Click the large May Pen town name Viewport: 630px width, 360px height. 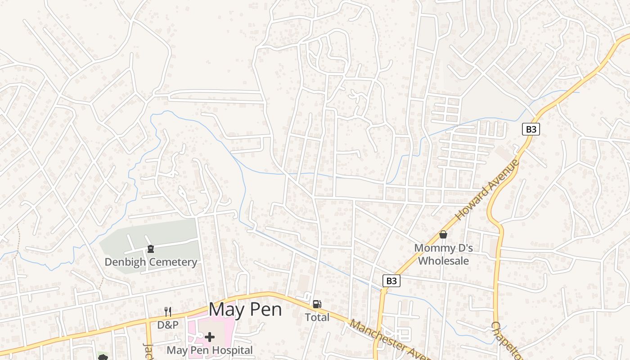coord(245,310)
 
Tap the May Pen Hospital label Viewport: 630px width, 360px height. coord(209,350)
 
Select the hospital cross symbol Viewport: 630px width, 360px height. coord(210,337)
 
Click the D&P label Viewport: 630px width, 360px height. coord(167,324)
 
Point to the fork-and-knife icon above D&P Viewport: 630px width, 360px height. coord(168,311)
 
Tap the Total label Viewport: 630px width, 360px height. coord(317,317)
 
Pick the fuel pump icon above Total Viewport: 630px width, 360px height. coord(317,304)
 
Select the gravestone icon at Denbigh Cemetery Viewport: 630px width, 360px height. coord(151,249)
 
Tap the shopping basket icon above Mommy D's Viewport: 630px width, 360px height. coord(443,234)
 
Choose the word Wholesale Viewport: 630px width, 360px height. coord(443,261)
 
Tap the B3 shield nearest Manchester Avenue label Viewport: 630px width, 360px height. coord(391,281)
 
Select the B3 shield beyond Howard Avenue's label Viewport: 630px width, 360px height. coord(531,129)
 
